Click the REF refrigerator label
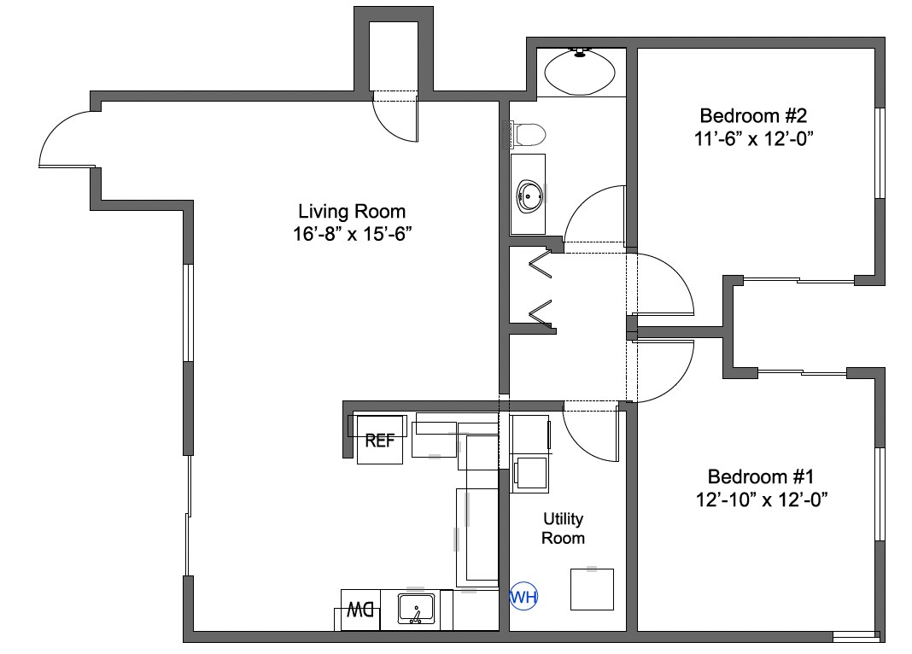point(380,441)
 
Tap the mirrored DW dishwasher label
point(361,610)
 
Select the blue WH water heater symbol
point(523,598)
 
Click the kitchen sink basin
point(417,610)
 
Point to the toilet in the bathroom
point(529,135)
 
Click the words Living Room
point(352,211)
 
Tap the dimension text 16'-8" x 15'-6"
point(352,234)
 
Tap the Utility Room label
point(564,528)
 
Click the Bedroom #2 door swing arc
point(666,282)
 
